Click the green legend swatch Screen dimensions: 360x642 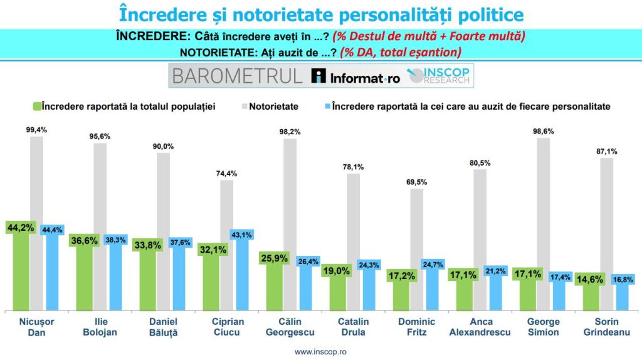click(x=37, y=107)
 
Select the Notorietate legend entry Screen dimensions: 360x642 click(x=273, y=107)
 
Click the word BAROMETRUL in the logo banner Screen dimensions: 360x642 click(x=237, y=77)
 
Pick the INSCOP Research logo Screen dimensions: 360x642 click(x=440, y=77)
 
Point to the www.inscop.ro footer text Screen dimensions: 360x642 click(x=320, y=352)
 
